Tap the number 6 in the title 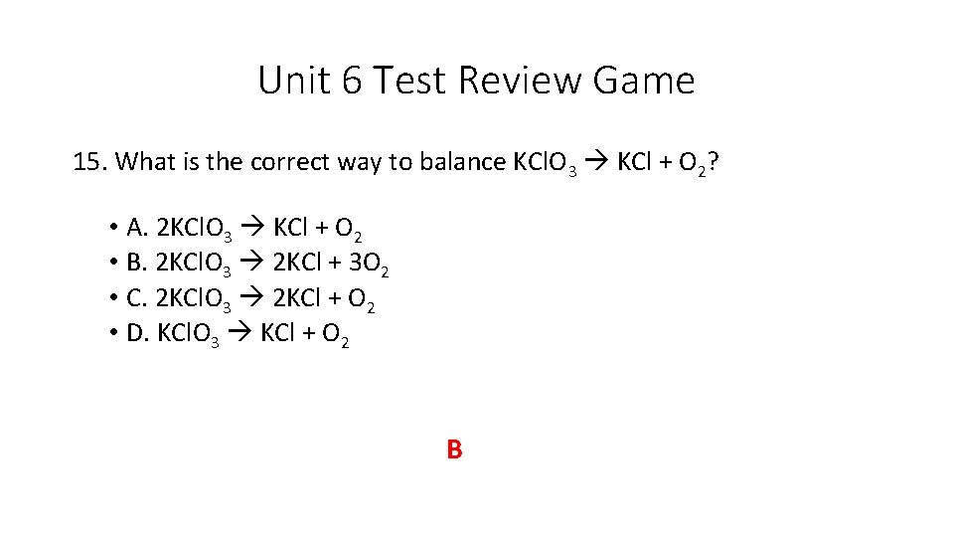tap(353, 81)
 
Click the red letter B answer tap(454, 450)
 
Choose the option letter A tap(137, 230)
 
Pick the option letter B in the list tap(137, 265)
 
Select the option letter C tap(137, 299)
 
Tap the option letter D tap(137, 334)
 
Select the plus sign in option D tap(309, 335)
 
